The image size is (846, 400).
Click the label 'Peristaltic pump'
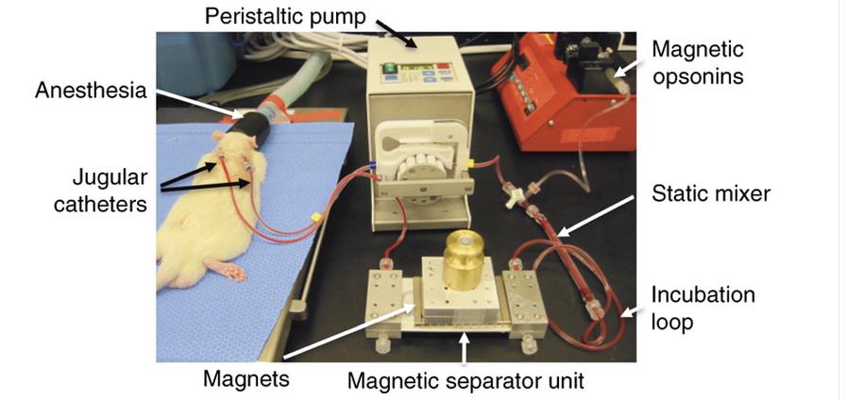285,16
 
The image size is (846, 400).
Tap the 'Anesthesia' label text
91,90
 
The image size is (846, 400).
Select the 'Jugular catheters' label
100,191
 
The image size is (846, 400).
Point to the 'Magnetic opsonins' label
698,62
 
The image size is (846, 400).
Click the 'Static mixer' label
711,193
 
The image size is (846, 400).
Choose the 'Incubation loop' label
703,308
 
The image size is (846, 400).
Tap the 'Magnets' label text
246,379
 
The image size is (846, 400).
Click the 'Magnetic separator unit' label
465,381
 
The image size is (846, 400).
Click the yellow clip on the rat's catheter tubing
315,217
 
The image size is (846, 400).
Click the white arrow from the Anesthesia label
198,104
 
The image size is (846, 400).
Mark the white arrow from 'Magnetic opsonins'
632,69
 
